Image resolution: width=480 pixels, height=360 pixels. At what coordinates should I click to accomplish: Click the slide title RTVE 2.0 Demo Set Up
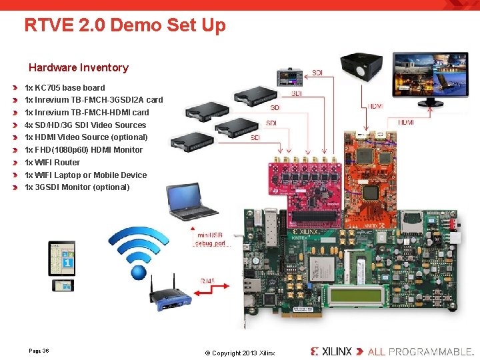point(125,25)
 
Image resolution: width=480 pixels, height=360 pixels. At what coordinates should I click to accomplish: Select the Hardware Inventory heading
point(78,67)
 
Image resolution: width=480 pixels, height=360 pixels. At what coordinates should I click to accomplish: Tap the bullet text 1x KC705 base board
point(65,87)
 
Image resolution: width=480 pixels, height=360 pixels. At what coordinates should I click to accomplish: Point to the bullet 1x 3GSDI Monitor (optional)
point(77,187)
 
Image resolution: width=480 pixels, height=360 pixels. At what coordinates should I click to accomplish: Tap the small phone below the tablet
point(64,285)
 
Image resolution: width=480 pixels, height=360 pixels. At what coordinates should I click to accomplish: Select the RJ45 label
point(209,281)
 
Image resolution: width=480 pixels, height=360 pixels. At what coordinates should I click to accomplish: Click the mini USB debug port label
point(210,239)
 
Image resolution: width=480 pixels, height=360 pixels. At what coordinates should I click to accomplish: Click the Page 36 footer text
point(39,351)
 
